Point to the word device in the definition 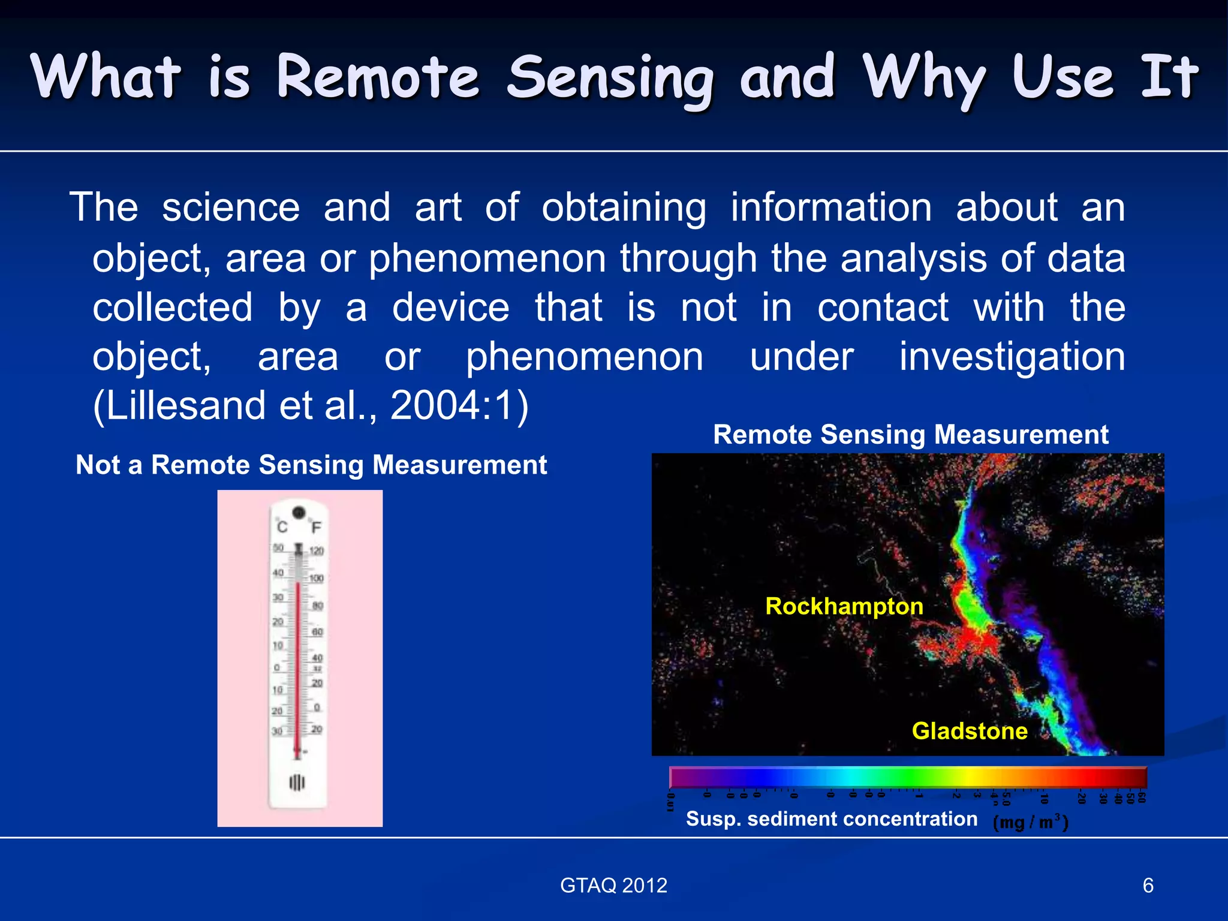pyautogui.click(x=450, y=308)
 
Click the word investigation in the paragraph pyautogui.click(x=1012, y=357)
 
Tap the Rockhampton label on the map pyautogui.click(x=844, y=606)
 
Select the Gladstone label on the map pyautogui.click(x=969, y=731)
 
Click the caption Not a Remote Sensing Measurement pyautogui.click(x=311, y=465)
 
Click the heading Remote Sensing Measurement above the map pyautogui.click(x=910, y=435)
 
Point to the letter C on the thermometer pyautogui.click(x=282, y=527)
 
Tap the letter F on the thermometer pyautogui.click(x=316, y=527)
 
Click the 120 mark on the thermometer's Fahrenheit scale pyautogui.click(x=317, y=550)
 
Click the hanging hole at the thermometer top pyautogui.click(x=299, y=513)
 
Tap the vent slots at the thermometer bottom pyautogui.click(x=297, y=782)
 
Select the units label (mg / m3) pyautogui.click(x=1030, y=821)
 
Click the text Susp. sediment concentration pyautogui.click(x=831, y=819)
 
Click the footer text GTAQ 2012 pyautogui.click(x=613, y=886)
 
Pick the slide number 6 pyautogui.click(x=1148, y=886)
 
